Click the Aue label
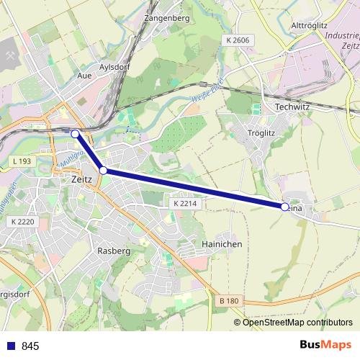click(x=84, y=75)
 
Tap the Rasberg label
click(x=113, y=251)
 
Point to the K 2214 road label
click(x=184, y=204)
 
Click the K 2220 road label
click(x=24, y=222)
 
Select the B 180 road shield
click(x=228, y=300)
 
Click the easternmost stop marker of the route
click(x=284, y=207)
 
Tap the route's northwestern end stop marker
click(x=75, y=133)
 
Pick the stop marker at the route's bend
click(x=104, y=171)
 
